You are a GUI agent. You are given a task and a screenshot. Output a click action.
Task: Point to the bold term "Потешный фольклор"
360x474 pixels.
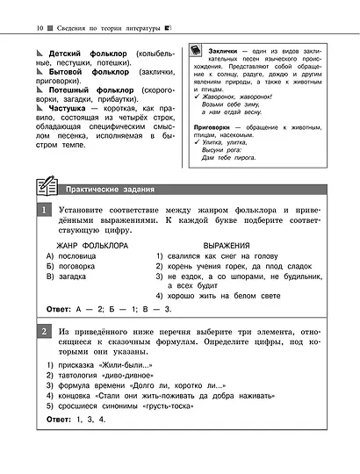tap(90, 97)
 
